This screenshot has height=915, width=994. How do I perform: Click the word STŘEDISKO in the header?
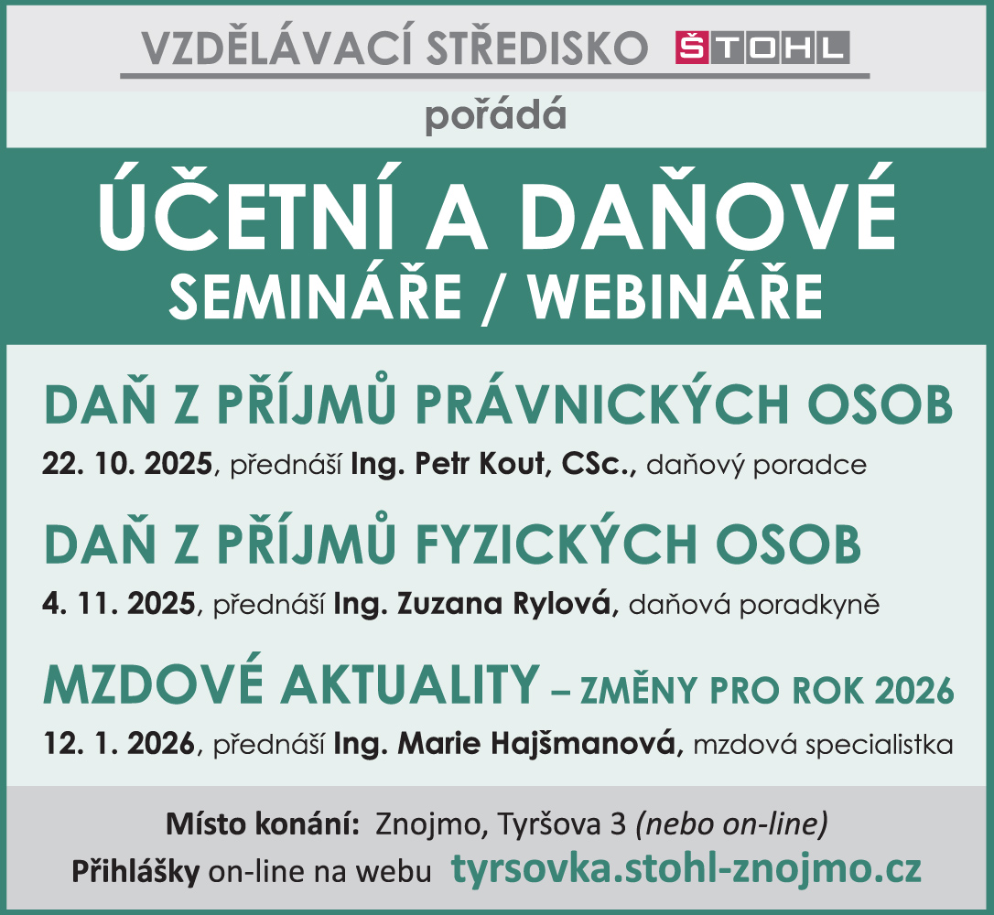(537, 48)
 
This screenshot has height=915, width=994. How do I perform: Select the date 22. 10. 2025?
(127, 464)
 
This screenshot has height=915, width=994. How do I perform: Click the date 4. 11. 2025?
(119, 603)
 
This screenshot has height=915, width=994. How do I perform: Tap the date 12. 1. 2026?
(119, 743)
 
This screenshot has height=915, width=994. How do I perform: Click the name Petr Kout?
(480, 464)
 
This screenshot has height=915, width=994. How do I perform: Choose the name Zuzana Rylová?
(504, 603)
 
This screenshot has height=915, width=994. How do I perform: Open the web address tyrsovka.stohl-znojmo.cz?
(686, 868)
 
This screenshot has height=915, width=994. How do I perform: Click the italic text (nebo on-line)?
(731, 824)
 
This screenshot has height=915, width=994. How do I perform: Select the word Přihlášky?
(135, 872)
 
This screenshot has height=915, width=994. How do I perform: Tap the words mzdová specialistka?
(823, 744)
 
